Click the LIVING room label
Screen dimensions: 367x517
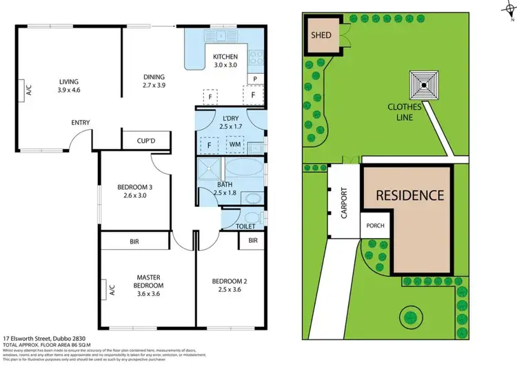pos(69,85)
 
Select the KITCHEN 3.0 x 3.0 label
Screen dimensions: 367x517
pos(225,61)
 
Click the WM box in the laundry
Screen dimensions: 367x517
pos(236,146)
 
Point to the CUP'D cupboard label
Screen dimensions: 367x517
pos(145,141)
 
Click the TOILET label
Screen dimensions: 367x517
pos(245,226)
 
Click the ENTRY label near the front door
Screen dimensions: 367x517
pos(81,123)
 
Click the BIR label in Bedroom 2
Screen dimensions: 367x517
pos(253,241)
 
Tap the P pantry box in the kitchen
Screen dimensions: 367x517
pos(254,79)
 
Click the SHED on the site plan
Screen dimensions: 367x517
pos(322,35)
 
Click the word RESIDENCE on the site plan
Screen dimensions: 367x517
pos(409,195)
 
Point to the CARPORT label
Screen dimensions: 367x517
pos(344,204)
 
